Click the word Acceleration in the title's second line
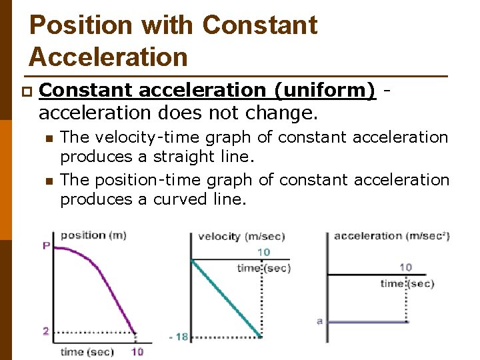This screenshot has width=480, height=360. coord(108,57)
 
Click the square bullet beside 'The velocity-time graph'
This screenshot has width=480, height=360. coord(48,138)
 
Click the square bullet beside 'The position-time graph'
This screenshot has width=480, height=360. coord(48,181)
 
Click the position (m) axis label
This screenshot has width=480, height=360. coord(93,235)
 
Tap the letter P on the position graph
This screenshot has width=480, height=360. coord(46,246)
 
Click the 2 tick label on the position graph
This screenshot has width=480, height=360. coord(45,331)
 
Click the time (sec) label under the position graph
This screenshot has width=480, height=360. coord(87,351)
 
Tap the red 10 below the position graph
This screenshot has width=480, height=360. coord(137,351)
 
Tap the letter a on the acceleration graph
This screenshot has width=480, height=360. coord(320,321)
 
